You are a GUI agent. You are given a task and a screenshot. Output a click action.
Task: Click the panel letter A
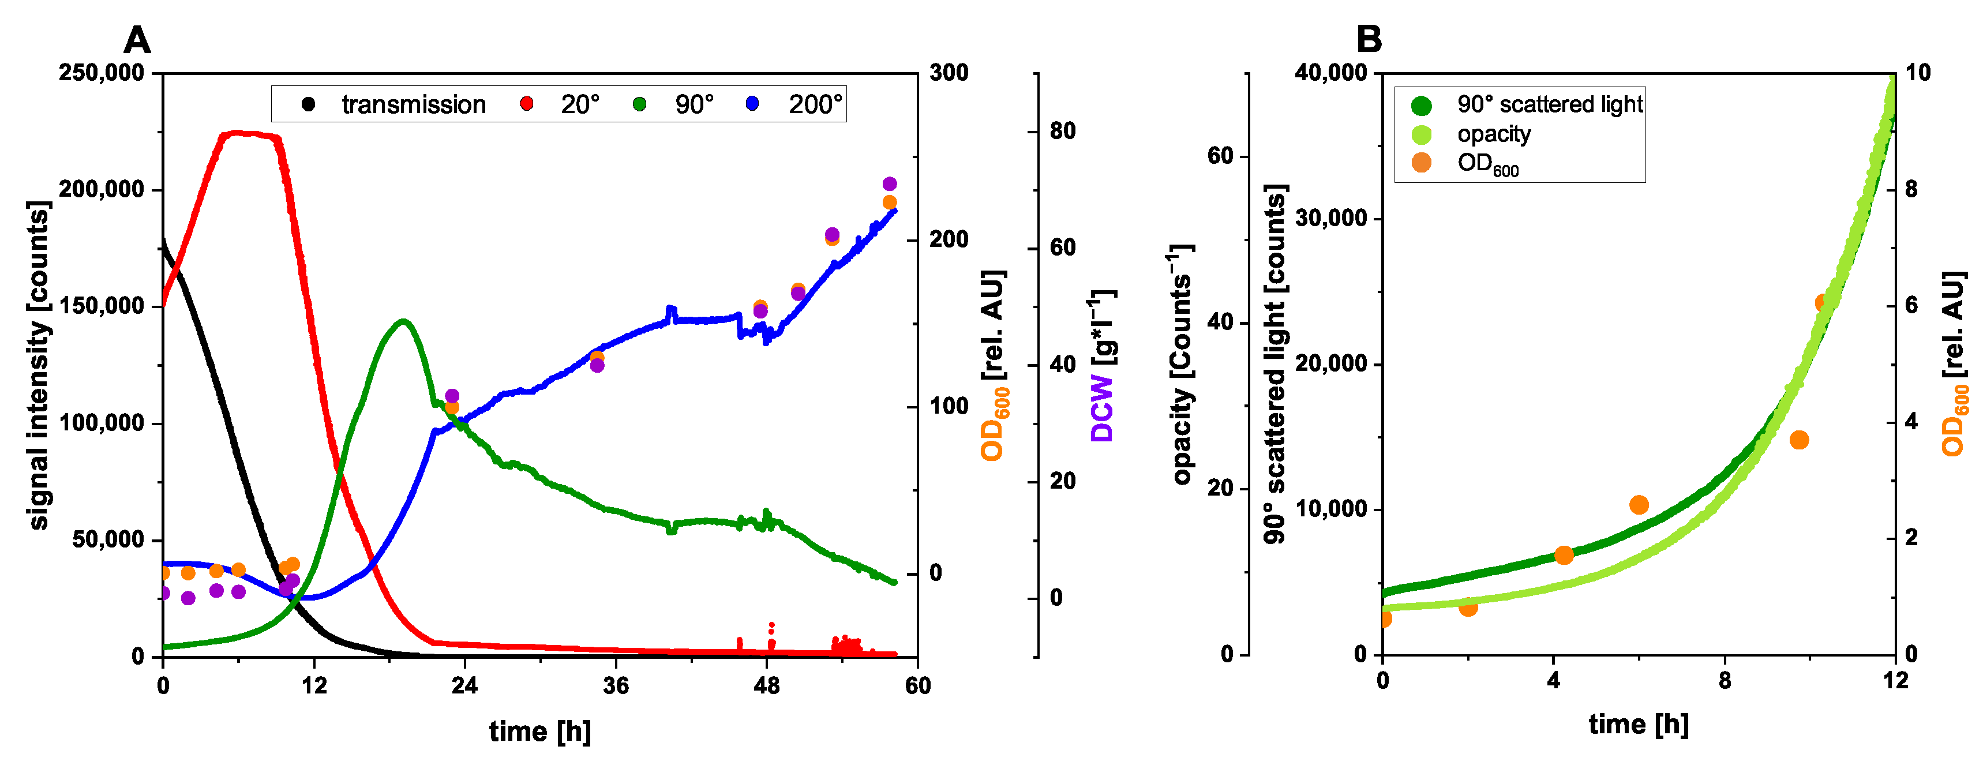point(136,40)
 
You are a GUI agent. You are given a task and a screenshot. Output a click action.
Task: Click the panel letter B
point(1369,39)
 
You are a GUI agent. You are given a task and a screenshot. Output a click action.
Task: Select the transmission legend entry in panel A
point(413,104)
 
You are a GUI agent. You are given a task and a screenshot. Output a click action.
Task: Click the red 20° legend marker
point(527,104)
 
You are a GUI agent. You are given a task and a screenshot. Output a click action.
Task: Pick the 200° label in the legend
point(815,104)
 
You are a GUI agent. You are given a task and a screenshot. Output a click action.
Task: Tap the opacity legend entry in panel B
point(1493,134)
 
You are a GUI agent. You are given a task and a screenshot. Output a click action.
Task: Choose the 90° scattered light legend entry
point(1549,104)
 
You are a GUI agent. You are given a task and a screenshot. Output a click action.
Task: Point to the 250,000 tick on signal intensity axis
point(102,73)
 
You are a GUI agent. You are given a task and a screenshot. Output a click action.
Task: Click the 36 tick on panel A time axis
point(616,685)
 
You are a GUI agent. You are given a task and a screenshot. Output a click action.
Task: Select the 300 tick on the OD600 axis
point(949,73)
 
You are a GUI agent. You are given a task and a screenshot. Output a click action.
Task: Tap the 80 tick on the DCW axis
point(1062,132)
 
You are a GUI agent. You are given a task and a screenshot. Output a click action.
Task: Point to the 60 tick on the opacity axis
point(1220,156)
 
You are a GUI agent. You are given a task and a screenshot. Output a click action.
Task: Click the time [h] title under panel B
point(1638,724)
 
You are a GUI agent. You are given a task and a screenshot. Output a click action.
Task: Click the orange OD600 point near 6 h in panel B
point(1639,505)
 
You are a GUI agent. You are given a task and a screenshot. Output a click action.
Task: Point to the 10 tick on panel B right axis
point(1918,73)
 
